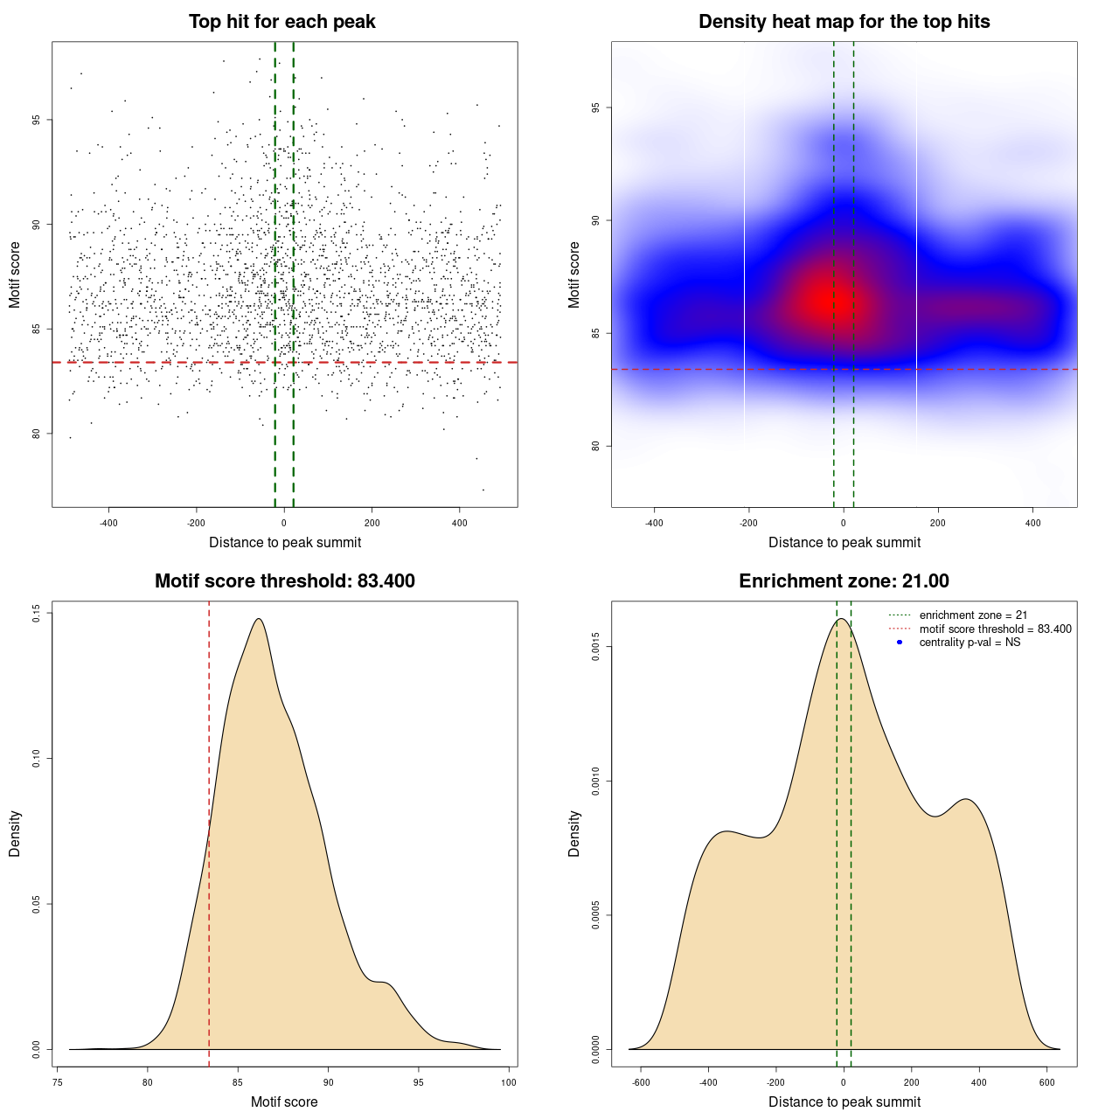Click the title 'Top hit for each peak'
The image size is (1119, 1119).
(281, 22)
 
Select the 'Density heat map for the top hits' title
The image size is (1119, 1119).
(844, 22)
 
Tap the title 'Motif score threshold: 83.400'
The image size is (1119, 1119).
(284, 581)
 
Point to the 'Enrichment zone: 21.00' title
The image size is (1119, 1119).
(844, 581)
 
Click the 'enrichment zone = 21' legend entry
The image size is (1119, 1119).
(973, 615)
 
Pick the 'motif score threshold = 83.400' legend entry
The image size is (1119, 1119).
(995, 629)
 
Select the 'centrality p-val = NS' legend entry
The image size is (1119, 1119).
(970, 643)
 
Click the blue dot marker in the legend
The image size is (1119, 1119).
(900, 643)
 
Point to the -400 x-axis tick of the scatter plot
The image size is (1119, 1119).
(108, 524)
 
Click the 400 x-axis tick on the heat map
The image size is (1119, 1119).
(1032, 524)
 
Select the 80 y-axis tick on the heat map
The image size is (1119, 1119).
(596, 446)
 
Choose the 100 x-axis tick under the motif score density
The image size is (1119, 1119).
(509, 1083)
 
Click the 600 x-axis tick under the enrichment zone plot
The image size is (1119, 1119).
(1046, 1083)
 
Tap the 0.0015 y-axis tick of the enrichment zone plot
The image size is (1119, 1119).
(596, 647)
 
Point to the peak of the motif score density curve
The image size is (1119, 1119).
(259, 619)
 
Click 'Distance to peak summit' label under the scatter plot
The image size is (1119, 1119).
(285, 543)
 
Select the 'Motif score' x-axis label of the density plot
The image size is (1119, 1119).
(284, 1102)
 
